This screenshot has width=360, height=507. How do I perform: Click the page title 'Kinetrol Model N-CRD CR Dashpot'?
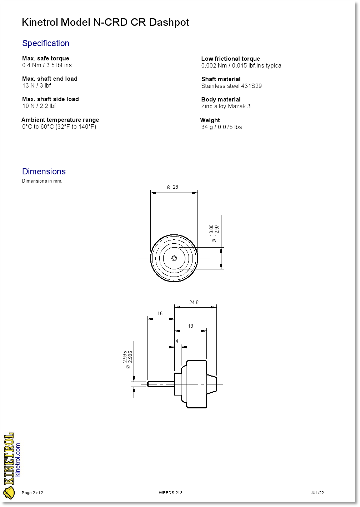click(105, 22)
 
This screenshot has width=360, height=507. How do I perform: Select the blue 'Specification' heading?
click(46, 43)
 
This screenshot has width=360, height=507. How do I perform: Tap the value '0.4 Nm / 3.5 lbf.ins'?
click(47, 65)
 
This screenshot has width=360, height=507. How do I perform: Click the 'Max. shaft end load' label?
click(50, 79)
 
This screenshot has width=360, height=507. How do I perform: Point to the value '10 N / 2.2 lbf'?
click(39, 106)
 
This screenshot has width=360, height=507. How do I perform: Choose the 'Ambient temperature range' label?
click(60, 120)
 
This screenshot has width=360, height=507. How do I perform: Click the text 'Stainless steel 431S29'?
click(231, 86)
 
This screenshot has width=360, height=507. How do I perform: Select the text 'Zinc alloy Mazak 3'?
click(226, 106)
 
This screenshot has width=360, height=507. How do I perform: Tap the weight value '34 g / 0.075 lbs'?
click(221, 127)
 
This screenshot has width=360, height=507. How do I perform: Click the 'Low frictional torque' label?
click(230, 59)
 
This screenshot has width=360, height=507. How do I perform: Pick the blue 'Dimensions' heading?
click(44, 172)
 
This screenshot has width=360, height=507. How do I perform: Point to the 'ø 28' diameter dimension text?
click(172, 187)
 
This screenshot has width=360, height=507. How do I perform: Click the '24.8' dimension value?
click(194, 302)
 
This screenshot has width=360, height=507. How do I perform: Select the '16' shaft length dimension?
click(160, 313)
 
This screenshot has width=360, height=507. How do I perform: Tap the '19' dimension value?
click(190, 326)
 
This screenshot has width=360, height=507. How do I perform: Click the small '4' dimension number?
click(177, 341)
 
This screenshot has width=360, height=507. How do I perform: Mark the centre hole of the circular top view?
click(174, 258)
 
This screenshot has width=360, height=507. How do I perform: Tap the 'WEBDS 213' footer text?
click(171, 493)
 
